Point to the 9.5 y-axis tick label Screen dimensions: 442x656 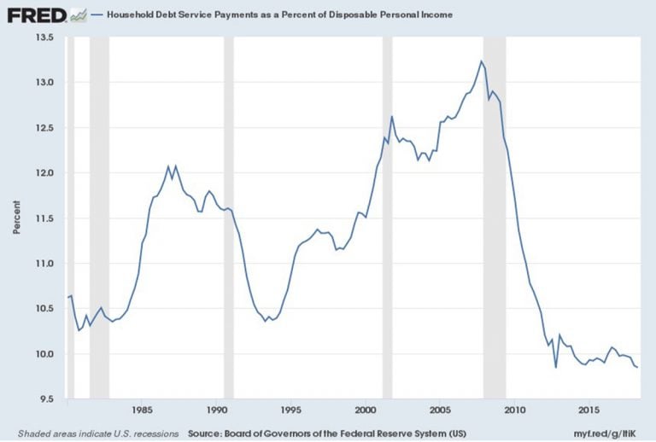45,399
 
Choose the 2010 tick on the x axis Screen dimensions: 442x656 514,409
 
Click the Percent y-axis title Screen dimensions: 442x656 16,218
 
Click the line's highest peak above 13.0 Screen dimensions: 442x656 482,61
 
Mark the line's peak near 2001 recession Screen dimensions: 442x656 391,117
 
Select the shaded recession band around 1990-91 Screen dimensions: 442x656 228,218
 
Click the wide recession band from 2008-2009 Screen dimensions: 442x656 495,218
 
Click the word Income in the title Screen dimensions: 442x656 435,15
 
